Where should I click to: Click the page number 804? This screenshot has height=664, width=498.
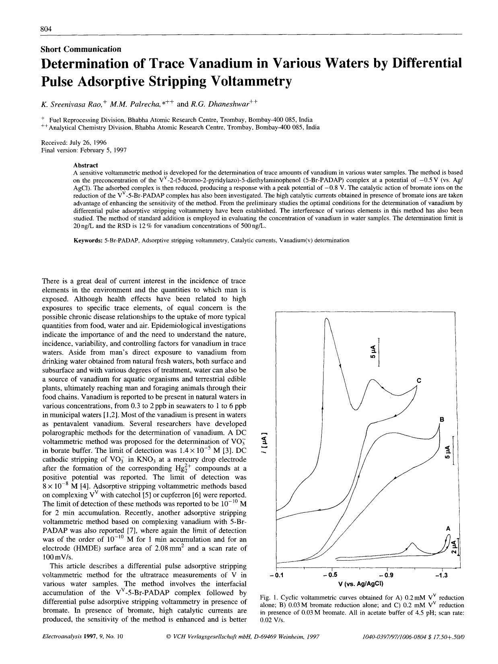[x=46, y=29]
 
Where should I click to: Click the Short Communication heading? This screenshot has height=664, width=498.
[x=81, y=49]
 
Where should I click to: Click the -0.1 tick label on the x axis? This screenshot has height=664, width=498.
[x=277, y=575]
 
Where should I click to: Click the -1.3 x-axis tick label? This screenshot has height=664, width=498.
[x=441, y=575]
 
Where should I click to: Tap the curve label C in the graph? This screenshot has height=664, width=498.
[x=419, y=380]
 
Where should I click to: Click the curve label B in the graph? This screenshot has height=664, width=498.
[x=441, y=420]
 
